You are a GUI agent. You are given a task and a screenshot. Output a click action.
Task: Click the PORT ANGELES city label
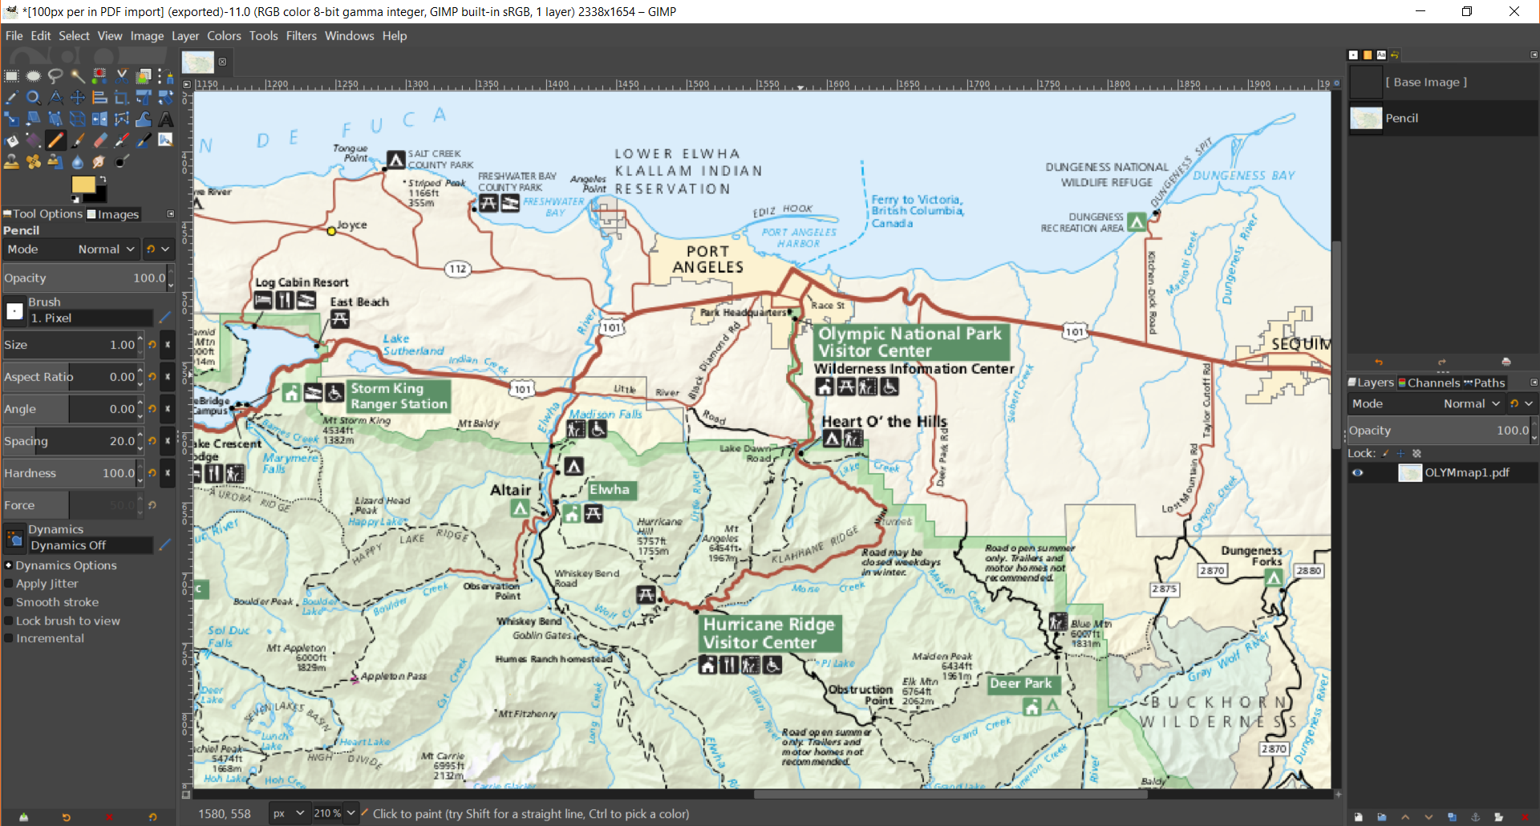click(x=707, y=260)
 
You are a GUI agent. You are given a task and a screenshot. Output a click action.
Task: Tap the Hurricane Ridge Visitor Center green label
click(x=768, y=634)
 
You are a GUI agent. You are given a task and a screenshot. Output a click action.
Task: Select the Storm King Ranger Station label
click(x=399, y=396)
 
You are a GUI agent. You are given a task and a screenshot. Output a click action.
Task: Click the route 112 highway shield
click(x=457, y=269)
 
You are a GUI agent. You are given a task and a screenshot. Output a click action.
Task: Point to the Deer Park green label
click(x=1020, y=684)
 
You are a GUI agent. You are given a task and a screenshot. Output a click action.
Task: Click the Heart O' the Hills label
click(x=884, y=422)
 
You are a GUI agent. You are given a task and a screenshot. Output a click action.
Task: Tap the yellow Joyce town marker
click(x=331, y=231)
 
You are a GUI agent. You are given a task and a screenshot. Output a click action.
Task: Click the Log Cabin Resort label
click(x=302, y=282)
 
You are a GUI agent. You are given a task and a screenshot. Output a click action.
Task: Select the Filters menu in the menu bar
click(x=301, y=36)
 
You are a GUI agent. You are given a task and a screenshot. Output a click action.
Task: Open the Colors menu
click(x=224, y=36)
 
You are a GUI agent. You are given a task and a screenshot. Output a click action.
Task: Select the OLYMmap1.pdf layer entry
click(x=1466, y=473)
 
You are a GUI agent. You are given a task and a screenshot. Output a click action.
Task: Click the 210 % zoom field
click(x=327, y=813)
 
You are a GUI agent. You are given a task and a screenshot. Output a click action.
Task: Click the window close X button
click(x=1514, y=11)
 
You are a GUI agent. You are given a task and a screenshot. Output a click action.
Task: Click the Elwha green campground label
click(x=610, y=490)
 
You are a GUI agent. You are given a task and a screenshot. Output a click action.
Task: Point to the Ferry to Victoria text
click(x=916, y=210)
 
